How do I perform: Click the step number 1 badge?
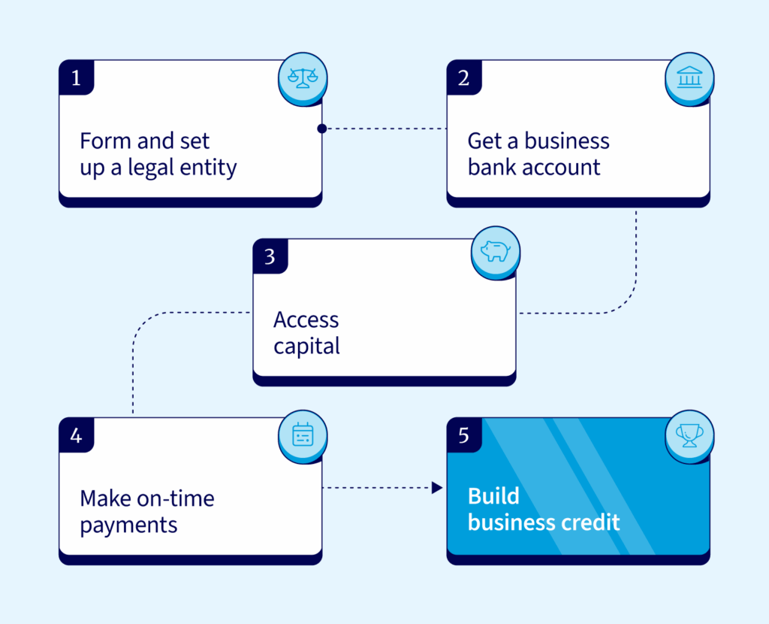click(76, 78)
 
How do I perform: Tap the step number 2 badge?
click(463, 78)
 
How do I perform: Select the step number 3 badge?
click(270, 256)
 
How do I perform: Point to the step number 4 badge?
click(76, 435)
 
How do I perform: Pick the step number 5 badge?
click(463, 435)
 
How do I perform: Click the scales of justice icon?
click(303, 76)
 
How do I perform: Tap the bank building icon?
click(689, 76)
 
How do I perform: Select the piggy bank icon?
click(495, 251)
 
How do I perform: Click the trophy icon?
click(689, 434)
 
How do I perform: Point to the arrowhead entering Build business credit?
click(437, 488)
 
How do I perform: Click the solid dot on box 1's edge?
click(321, 129)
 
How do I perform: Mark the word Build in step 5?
click(493, 496)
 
